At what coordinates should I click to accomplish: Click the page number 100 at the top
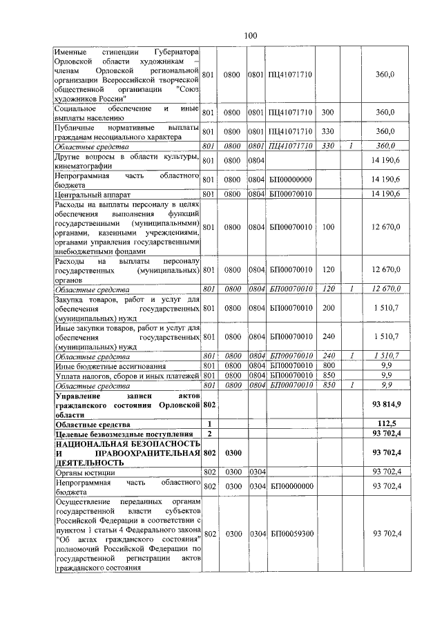[250, 35]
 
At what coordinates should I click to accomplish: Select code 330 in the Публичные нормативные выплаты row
[328, 131]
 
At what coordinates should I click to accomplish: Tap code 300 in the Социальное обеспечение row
[328, 112]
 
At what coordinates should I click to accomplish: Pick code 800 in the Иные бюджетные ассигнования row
[328, 365]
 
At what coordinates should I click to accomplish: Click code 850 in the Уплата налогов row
[328, 375]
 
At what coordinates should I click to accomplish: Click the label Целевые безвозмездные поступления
[110, 433]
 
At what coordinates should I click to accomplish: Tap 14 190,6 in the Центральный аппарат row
[385, 193]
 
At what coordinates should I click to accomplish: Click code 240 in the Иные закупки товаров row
[328, 336]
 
